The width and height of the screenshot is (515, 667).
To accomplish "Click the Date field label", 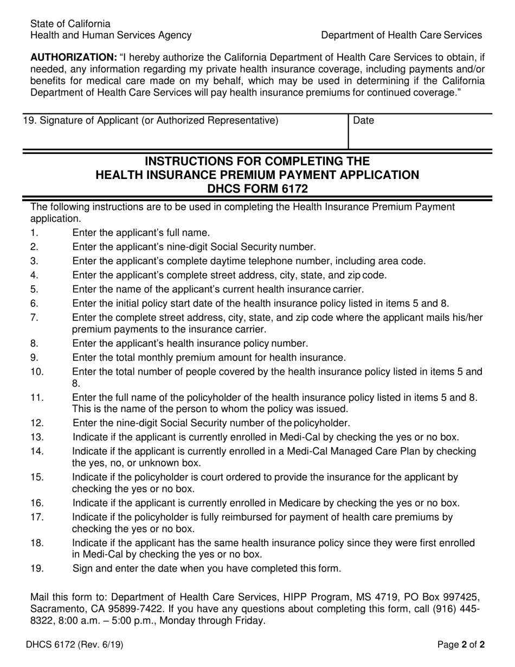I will [x=363, y=121].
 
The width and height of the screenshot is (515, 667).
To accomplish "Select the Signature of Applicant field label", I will [x=150, y=120].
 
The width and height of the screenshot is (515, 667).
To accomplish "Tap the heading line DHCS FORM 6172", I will [x=257, y=189].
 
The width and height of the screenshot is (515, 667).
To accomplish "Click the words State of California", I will [x=70, y=24].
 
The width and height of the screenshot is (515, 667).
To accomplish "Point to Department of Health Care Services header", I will [x=401, y=35].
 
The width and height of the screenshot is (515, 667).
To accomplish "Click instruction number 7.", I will [x=34, y=318].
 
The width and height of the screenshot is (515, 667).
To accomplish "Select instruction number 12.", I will [x=37, y=423].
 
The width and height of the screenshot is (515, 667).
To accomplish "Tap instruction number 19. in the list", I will [x=37, y=568].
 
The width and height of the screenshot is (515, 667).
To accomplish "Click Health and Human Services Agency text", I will [x=111, y=35].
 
